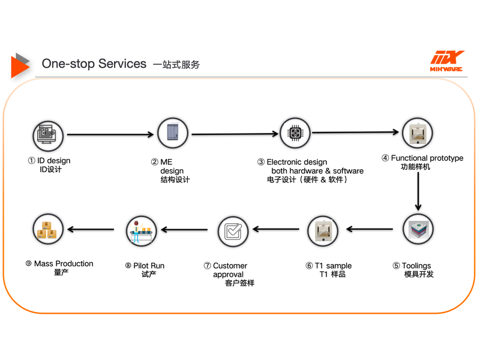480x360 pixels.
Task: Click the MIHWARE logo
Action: (446, 61)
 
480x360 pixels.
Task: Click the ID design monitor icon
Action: (48, 136)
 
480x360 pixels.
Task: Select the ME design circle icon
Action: (173, 133)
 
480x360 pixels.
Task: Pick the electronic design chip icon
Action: (295, 133)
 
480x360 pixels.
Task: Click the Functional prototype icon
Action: (417, 133)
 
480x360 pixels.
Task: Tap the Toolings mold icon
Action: (418, 229)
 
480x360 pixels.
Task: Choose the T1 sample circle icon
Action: (323, 231)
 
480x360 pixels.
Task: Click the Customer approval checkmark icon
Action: (233, 232)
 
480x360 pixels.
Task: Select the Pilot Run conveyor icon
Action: (142, 231)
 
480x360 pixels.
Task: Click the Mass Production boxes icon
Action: (48, 229)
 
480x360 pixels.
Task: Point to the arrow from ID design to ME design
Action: (110, 134)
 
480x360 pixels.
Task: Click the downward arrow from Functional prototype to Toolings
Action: (418, 191)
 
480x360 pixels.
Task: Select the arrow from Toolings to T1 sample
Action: (370, 229)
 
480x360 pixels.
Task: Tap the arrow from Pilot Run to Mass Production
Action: (91, 229)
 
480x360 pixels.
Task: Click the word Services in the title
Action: (122, 64)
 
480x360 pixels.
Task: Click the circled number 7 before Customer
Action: (208, 265)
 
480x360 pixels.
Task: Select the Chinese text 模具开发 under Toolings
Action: (419, 274)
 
